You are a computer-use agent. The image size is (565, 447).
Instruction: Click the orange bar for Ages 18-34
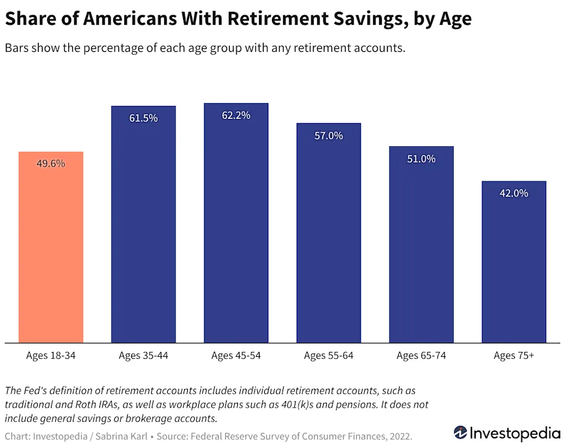[51, 247]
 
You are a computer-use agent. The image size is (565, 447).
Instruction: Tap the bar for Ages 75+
[514, 262]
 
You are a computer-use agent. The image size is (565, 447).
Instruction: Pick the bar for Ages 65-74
[421, 244]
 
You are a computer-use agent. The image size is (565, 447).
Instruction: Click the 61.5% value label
[144, 118]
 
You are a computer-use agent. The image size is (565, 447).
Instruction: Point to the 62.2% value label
[236, 115]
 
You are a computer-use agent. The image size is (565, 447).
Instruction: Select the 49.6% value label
[51, 164]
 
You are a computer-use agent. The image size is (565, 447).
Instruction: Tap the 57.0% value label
[328, 135]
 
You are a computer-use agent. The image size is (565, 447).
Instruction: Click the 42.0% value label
[514, 193]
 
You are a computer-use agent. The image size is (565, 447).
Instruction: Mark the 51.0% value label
[421, 158]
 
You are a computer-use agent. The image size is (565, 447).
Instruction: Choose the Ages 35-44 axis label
[144, 356]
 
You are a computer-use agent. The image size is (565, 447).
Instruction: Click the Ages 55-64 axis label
[328, 356]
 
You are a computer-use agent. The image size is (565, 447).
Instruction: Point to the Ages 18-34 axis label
[51, 356]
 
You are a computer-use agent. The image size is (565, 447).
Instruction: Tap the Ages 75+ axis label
[514, 356]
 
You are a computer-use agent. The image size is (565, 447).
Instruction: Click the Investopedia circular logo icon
[461, 433]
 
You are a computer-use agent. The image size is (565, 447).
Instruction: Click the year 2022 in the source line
[400, 436]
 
